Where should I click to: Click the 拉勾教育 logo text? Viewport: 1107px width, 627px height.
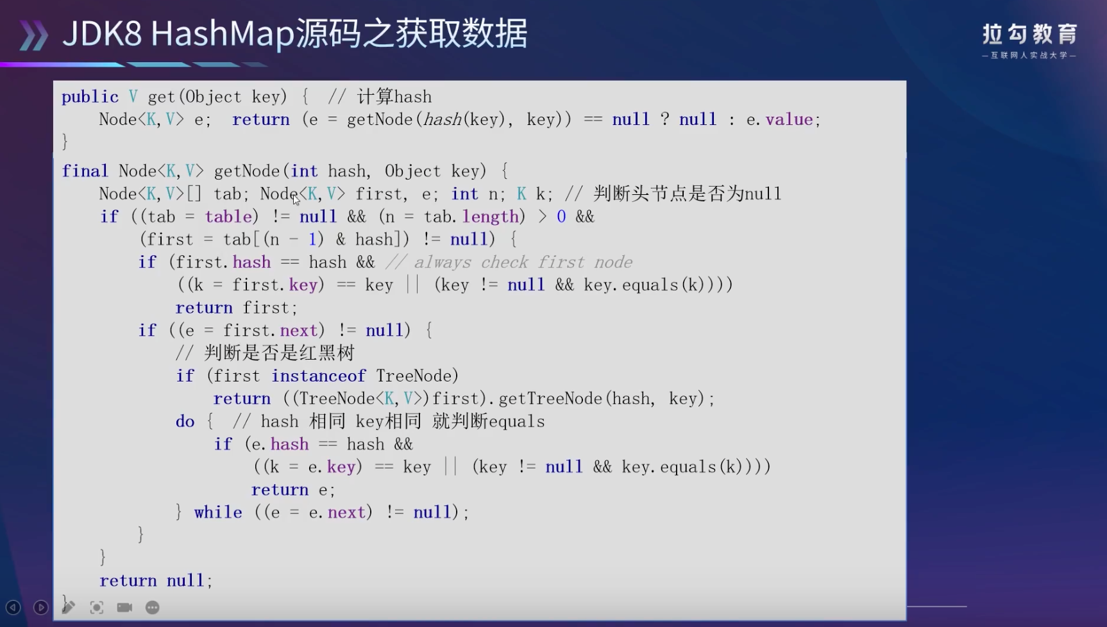tap(1029, 34)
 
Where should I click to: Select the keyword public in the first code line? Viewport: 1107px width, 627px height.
tap(90, 97)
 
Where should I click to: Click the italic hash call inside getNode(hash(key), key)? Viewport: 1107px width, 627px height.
tap(443, 120)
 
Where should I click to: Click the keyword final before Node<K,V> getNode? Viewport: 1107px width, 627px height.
tap(85, 171)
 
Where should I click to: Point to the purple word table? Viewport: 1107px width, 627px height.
tap(228, 217)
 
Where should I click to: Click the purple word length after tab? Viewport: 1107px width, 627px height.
tap(490, 217)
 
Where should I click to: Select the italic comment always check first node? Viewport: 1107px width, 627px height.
tap(509, 262)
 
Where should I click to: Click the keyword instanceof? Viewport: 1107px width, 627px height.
tap(318, 376)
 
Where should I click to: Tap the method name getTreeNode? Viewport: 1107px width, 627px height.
tap(550, 399)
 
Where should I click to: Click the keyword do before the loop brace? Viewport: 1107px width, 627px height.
tap(185, 421)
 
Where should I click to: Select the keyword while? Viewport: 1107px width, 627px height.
tap(218, 512)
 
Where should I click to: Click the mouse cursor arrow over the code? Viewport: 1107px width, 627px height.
tap(296, 199)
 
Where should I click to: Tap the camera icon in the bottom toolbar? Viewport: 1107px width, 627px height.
tap(124, 607)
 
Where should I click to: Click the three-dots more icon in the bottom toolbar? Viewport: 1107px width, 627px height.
tap(152, 607)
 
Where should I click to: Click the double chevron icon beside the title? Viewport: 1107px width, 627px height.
tap(33, 35)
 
